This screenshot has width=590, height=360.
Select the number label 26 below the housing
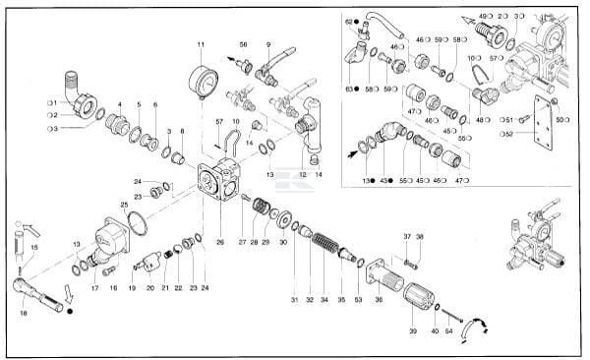(x=219, y=242)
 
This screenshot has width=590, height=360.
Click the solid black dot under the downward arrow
(x=70, y=313)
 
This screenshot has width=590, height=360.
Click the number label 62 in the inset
(x=348, y=22)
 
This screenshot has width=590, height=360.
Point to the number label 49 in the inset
(x=483, y=17)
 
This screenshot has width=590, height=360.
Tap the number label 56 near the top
(x=243, y=45)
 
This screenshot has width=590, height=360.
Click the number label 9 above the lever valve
(x=268, y=45)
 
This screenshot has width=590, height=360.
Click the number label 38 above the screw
(x=419, y=237)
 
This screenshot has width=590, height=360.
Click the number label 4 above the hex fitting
(x=120, y=104)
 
